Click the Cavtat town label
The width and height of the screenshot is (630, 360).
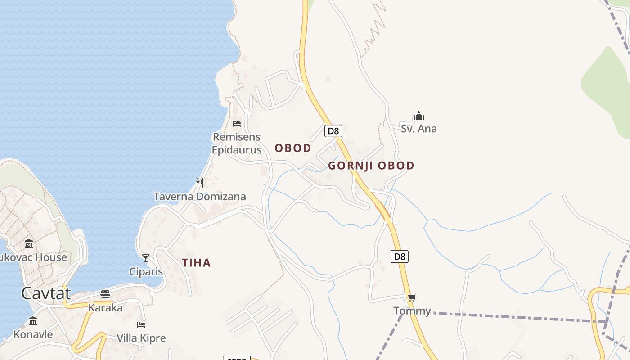click(46, 293)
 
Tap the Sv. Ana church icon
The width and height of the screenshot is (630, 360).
click(419, 116)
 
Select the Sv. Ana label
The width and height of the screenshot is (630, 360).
click(419, 129)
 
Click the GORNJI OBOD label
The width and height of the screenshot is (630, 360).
click(371, 166)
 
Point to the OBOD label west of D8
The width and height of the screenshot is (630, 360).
click(293, 148)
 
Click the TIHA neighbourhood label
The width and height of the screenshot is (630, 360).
click(196, 263)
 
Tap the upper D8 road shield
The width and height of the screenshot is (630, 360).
click(333, 131)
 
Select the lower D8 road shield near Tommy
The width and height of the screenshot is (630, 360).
click(400, 256)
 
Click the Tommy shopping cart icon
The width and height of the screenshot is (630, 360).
click(412, 297)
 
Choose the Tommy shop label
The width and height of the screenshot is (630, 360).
click(412, 310)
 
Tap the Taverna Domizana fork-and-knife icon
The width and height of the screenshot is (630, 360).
click(200, 183)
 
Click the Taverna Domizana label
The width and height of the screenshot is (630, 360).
click(200, 197)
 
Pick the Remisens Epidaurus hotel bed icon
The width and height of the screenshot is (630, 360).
click(237, 123)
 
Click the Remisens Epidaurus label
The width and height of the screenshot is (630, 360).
click(237, 143)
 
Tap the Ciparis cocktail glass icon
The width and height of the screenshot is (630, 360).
click(146, 258)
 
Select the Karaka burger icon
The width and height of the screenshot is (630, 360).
click(105, 294)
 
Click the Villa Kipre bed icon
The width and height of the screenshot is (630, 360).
click(141, 324)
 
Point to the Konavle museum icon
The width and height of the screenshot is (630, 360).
click(33, 321)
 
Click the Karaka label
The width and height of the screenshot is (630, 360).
click(105, 308)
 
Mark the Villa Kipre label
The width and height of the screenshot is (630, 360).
click(141, 338)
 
